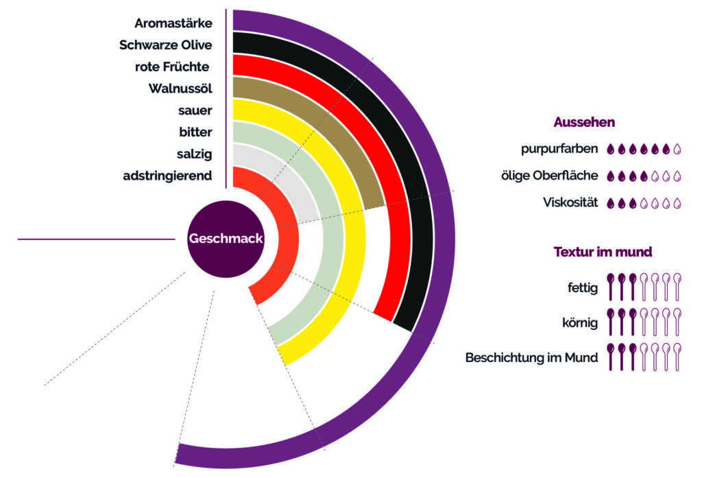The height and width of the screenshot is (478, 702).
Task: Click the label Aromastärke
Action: point(173,23)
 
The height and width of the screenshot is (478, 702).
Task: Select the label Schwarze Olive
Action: point(165,45)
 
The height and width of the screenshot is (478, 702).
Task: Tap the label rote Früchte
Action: point(172,67)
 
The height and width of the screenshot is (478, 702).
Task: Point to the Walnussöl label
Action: point(180,88)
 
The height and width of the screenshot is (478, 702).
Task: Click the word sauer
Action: point(195,110)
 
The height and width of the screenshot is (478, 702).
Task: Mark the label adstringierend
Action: point(167,176)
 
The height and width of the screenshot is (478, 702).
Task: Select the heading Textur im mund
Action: point(602,252)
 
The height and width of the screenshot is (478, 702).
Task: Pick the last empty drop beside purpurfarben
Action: point(677,148)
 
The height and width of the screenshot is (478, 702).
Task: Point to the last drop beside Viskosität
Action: point(677,203)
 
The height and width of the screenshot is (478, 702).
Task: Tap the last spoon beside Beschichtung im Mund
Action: point(677,357)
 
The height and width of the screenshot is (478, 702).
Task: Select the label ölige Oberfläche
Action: point(550,176)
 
